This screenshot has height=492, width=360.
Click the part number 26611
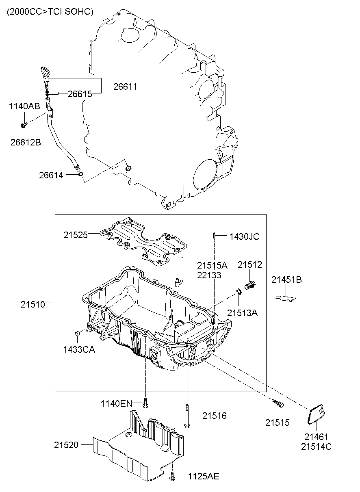[125, 87]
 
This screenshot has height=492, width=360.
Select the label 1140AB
[24, 106]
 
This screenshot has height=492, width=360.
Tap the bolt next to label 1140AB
[24, 125]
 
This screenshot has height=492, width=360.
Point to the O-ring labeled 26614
[80, 175]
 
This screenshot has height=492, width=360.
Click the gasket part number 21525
[75, 234]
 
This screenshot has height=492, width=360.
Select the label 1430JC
[244, 236]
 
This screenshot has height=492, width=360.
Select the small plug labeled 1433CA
[77, 334]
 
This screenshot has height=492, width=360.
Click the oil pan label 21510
[33, 303]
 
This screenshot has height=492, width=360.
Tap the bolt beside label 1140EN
[145, 403]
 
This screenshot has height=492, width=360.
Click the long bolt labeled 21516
[187, 415]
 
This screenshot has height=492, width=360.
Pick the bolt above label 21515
[278, 403]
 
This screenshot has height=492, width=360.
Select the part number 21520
[66, 445]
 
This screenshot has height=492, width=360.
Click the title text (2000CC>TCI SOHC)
[50, 12]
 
